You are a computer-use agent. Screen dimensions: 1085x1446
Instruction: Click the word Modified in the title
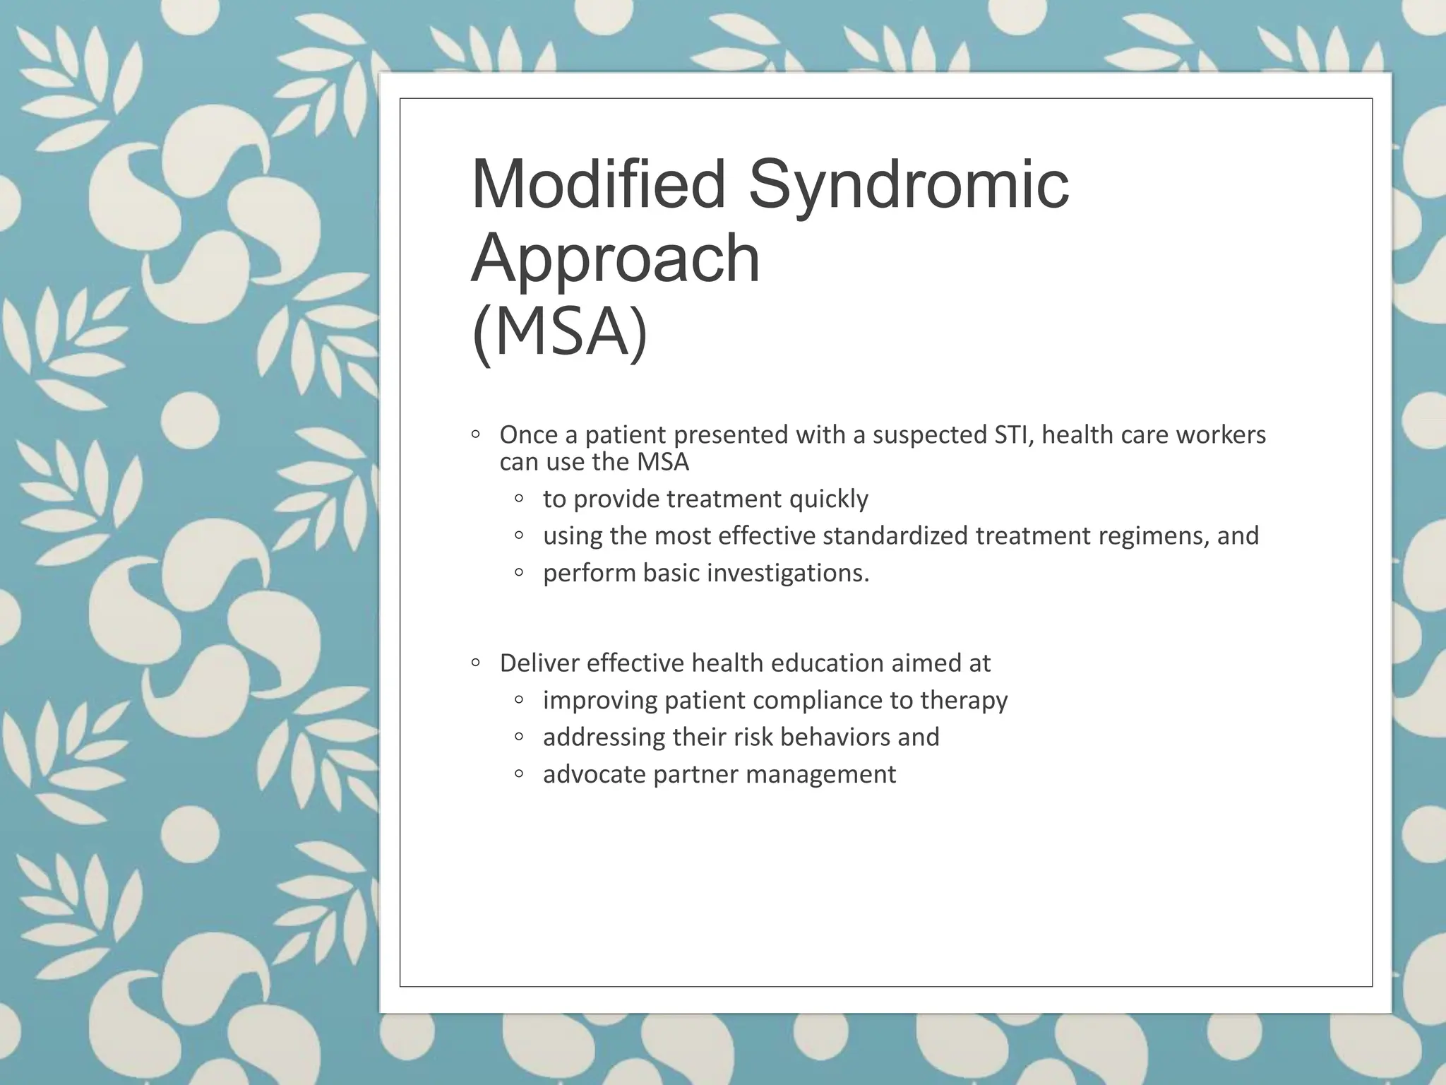[598, 184]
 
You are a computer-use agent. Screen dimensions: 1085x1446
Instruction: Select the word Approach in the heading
[616, 260]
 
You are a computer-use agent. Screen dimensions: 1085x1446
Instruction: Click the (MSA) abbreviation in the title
[559, 332]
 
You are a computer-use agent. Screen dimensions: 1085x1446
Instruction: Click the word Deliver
[539, 663]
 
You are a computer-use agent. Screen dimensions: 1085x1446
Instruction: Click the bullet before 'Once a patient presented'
[476, 434]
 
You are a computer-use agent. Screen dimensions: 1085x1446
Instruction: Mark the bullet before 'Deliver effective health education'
[476, 663]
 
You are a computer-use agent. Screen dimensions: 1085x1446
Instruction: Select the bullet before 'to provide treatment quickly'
[519, 499]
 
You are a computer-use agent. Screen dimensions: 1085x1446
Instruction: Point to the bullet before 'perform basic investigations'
[519, 572]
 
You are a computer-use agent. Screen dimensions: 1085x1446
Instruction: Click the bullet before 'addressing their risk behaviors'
[519, 737]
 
